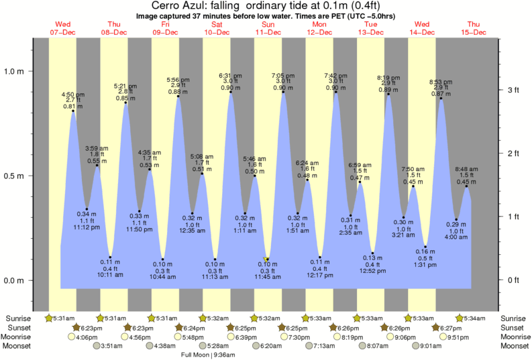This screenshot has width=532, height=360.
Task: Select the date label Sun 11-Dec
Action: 268,28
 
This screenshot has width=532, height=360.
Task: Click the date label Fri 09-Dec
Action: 165,28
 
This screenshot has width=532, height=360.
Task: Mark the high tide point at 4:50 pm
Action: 73,111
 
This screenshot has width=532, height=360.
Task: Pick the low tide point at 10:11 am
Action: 111,257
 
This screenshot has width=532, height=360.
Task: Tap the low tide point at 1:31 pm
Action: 425,246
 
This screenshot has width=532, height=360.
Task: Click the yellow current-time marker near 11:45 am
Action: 267,259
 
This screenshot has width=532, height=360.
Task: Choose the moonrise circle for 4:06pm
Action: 72,337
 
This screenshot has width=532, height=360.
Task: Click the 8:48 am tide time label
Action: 466,169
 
